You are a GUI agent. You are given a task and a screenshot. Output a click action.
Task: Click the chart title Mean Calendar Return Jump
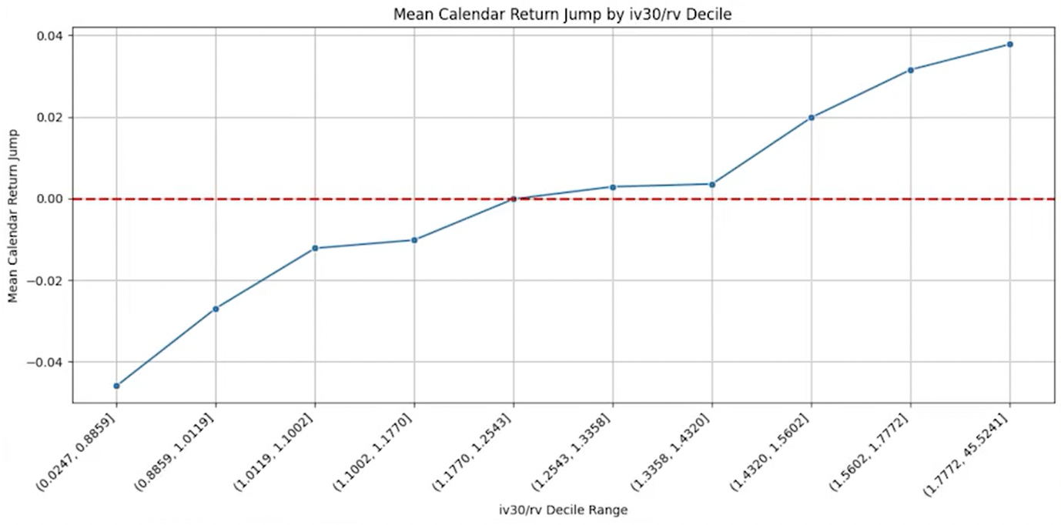(x=562, y=14)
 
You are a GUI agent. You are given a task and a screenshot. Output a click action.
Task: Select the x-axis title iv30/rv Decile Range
(x=563, y=509)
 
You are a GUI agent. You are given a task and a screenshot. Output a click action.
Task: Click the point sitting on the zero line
(x=513, y=199)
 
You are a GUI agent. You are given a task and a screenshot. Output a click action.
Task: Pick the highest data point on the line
(x=1009, y=45)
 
